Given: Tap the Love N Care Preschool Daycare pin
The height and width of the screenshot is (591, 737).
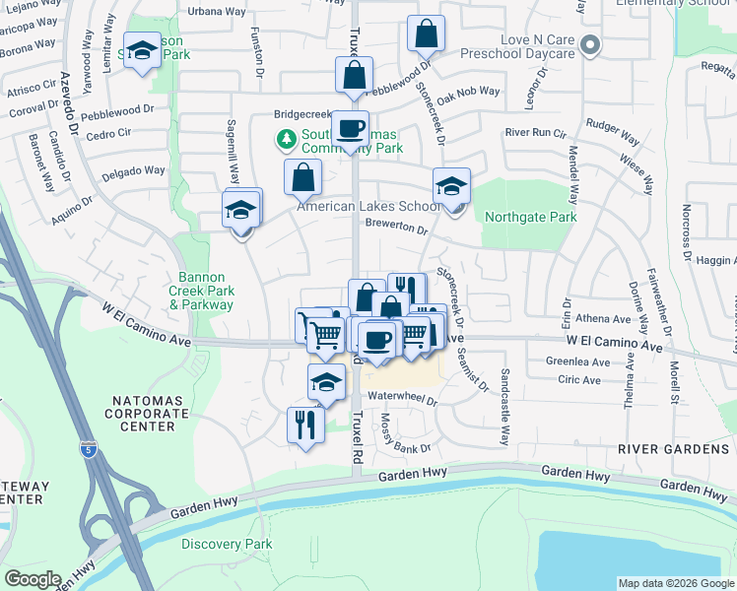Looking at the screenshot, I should click(590, 44).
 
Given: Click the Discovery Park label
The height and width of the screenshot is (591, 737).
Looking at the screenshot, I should click(227, 544).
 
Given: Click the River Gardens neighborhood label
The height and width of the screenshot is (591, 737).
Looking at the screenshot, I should click(673, 449).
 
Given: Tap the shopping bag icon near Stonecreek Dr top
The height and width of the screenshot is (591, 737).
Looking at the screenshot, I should click(426, 34).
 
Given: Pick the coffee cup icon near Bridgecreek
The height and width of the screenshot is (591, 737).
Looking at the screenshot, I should click(349, 128).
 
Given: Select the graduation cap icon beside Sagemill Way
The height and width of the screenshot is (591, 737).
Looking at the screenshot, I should click(240, 211).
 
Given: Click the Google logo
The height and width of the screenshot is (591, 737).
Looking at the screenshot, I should click(32, 579).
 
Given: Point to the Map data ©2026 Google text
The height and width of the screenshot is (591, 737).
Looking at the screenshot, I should click(676, 583).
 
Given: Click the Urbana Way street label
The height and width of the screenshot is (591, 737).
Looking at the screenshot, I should click(217, 11).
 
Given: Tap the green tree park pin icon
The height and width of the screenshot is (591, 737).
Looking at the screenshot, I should click(287, 139).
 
